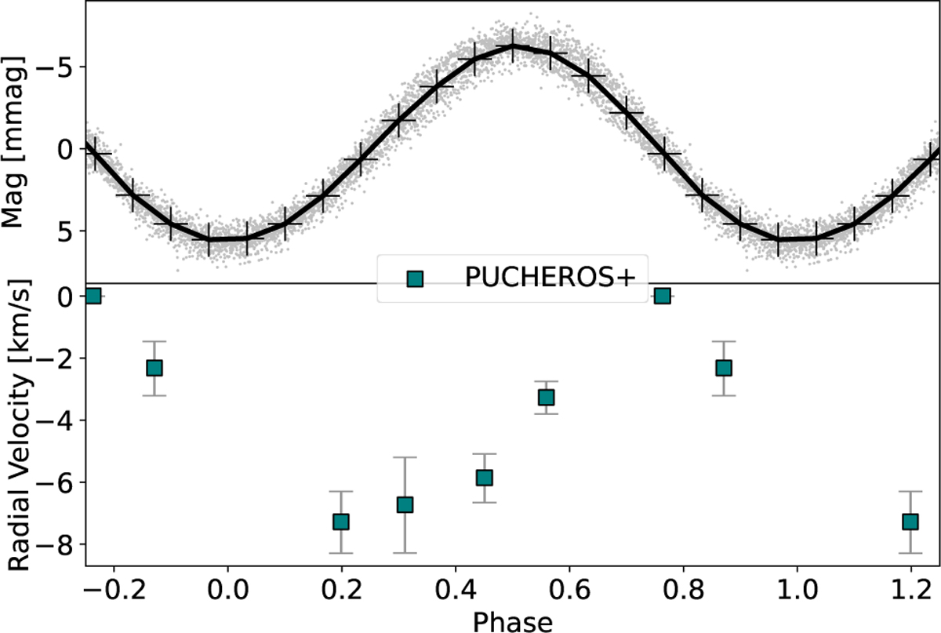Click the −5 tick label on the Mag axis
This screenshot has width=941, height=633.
click(53, 66)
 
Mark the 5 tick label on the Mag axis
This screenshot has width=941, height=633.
click(63, 231)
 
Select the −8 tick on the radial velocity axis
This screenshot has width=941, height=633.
click(53, 545)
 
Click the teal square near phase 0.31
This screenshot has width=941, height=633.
click(405, 504)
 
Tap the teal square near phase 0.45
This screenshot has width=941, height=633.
click(485, 478)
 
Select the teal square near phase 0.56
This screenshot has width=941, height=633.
click(547, 398)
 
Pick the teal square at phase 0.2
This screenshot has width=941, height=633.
click(340, 522)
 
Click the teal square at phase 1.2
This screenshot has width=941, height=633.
click(910, 522)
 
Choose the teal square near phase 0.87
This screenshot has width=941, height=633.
click(724, 368)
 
